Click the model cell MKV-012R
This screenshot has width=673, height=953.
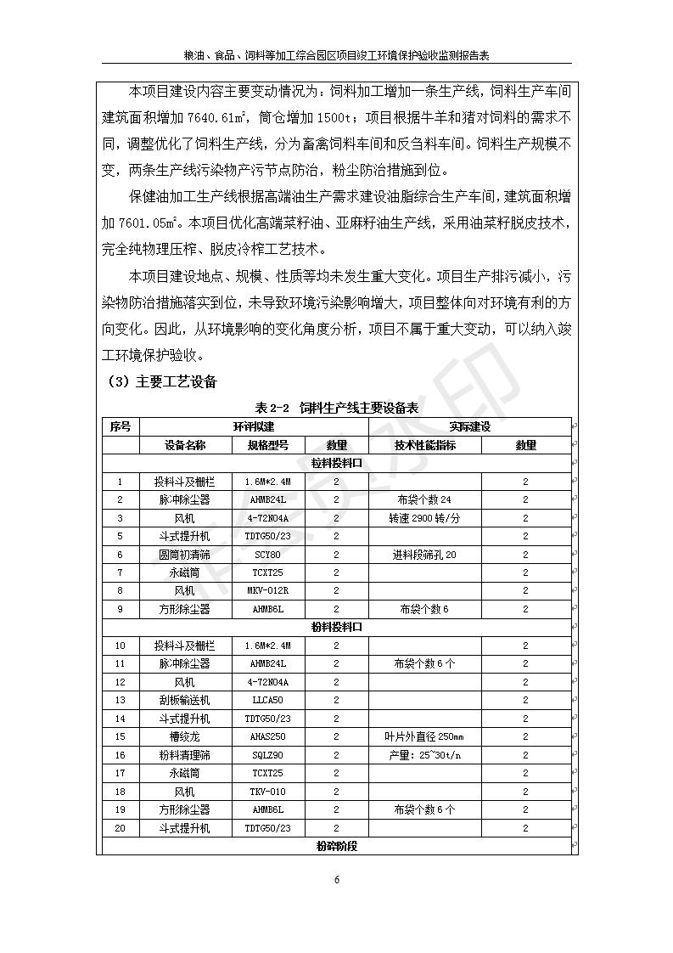click(x=268, y=590)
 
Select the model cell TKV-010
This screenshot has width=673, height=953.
click(x=268, y=792)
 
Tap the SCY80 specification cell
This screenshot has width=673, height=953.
click(x=268, y=554)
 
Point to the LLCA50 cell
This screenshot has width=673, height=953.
click(x=268, y=700)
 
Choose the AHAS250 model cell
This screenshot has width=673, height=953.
click(x=268, y=736)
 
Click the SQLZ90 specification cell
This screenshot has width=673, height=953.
click(x=268, y=755)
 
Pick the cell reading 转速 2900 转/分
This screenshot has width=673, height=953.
click(x=424, y=518)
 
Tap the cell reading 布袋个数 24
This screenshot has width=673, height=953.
click(x=424, y=499)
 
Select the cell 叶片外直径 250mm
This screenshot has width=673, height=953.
click(x=424, y=736)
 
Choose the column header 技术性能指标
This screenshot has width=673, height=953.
click(x=424, y=445)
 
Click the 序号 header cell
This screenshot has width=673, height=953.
click(x=120, y=426)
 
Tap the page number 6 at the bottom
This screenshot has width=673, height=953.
click(x=337, y=880)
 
